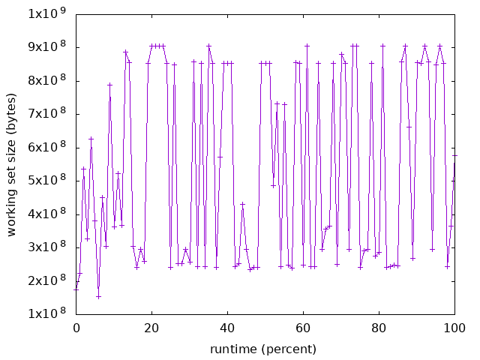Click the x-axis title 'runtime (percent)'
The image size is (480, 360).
(265, 349)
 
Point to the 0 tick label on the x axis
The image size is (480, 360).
(76, 328)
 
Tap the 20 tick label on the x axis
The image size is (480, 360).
(151, 328)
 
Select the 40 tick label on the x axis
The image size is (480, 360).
(227, 328)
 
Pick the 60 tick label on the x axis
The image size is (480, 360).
(303, 328)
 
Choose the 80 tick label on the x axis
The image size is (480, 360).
(379, 328)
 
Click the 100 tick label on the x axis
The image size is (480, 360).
(454, 328)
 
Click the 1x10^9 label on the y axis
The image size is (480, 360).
(46, 13)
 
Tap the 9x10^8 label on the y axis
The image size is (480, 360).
(46, 47)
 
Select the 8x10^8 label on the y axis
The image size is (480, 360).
(46, 80)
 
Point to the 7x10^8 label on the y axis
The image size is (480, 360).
(46, 114)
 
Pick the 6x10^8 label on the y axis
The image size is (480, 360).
(46, 147)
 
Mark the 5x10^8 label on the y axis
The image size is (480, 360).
(46, 181)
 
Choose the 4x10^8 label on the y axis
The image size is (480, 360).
(46, 214)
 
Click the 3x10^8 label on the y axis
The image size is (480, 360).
(46, 247)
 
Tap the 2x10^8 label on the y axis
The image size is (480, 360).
(46, 280)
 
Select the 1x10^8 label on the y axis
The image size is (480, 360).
(46, 313)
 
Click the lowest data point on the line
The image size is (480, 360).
(98, 296)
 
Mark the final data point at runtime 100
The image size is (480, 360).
(454, 155)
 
